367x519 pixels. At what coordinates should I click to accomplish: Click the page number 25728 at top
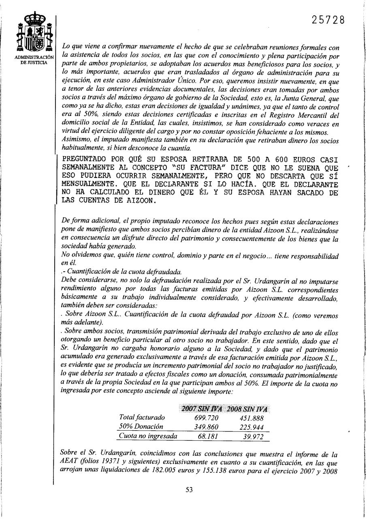[329, 19]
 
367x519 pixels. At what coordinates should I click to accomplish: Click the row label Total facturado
[142, 418]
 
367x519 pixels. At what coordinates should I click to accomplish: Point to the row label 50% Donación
[141, 427]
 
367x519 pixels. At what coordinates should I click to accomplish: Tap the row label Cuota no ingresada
[147, 436]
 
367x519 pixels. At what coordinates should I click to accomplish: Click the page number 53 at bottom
[189, 489]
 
